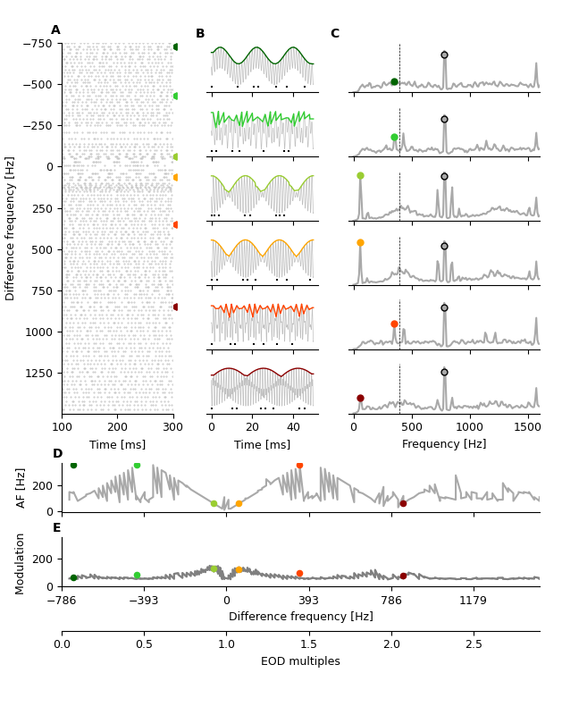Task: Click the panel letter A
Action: click(55, 30)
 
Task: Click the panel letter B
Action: click(200, 34)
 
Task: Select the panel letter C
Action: click(334, 34)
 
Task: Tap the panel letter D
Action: click(57, 454)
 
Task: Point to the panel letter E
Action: click(56, 528)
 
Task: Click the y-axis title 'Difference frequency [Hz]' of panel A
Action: click(11, 228)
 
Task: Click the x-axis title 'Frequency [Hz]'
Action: click(444, 444)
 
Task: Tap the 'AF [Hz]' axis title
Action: click(21, 487)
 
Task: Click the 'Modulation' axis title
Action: click(21, 563)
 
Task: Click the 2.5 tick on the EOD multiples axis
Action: click(474, 644)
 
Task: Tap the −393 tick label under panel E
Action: click(143, 601)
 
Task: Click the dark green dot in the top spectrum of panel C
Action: click(394, 82)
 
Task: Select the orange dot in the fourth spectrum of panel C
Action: click(360, 242)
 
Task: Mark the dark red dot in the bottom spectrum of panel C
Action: click(360, 398)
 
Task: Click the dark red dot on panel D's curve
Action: click(403, 503)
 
